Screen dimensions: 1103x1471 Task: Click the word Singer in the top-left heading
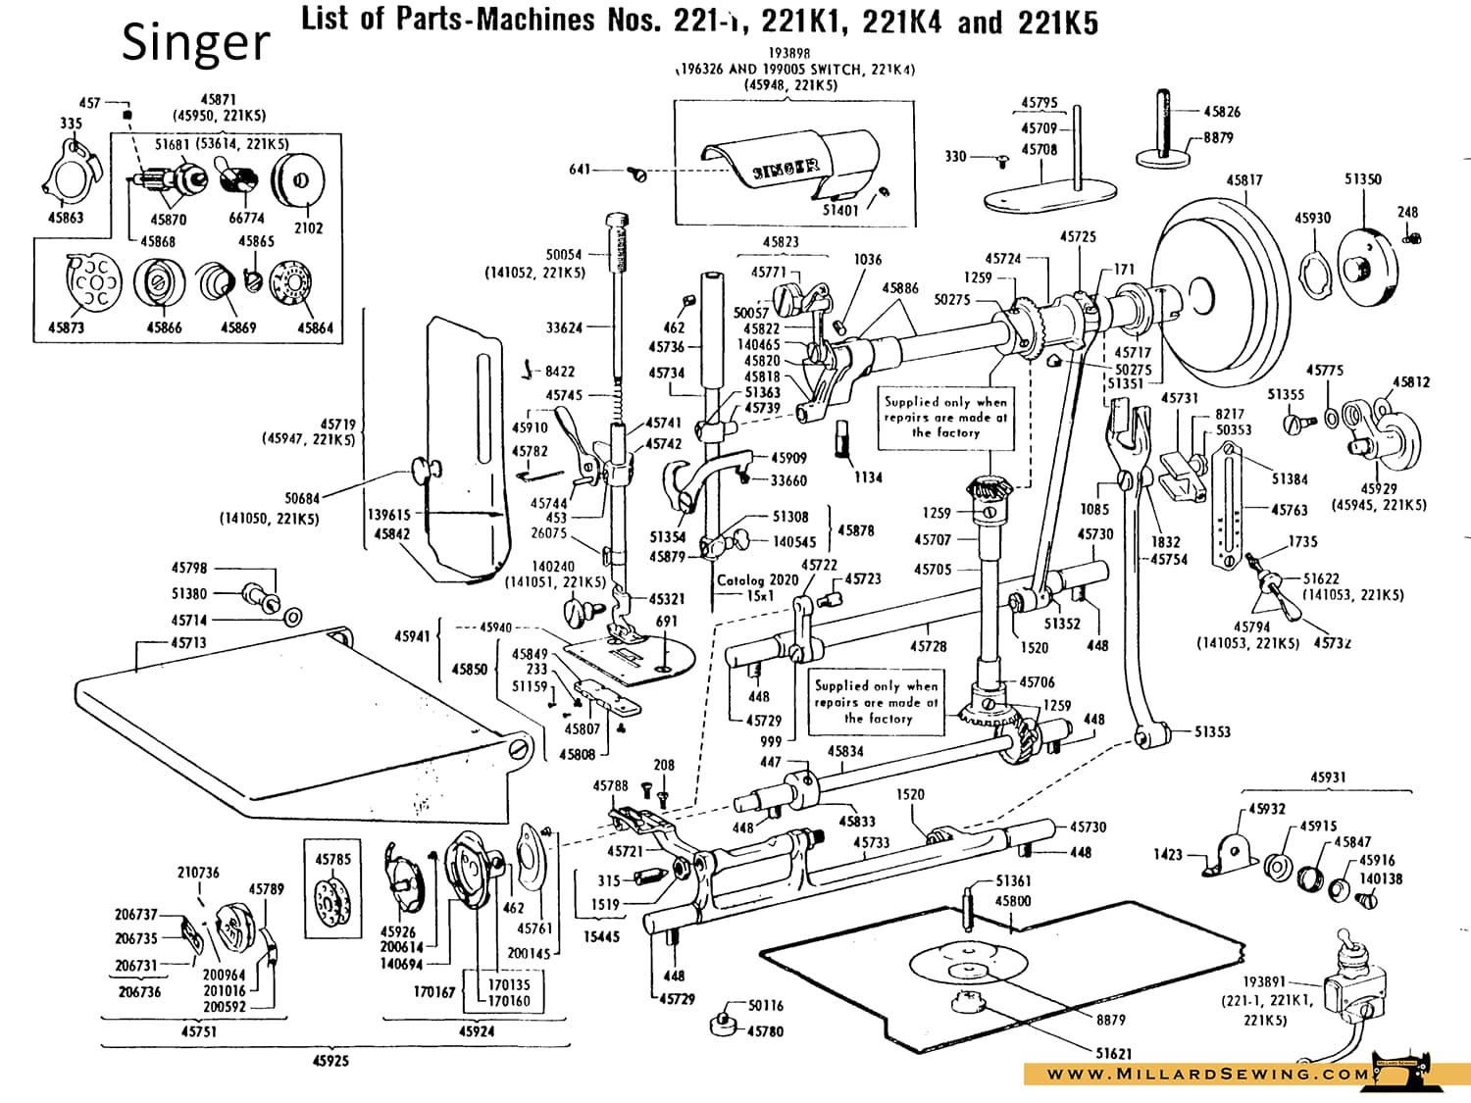pyautogui.click(x=195, y=43)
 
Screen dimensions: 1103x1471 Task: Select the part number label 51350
pyautogui.click(x=1363, y=179)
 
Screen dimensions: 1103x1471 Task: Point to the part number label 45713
pyautogui.click(x=188, y=643)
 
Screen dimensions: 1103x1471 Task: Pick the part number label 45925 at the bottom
pyautogui.click(x=330, y=1061)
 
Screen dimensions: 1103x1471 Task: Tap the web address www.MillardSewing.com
pyautogui.click(x=1207, y=1074)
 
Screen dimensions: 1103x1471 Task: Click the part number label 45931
pyautogui.click(x=1328, y=777)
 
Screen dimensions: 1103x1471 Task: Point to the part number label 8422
pyautogui.click(x=560, y=372)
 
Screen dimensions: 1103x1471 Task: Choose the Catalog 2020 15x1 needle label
pyautogui.click(x=757, y=587)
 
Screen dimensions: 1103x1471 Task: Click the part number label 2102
pyautogui.click(x=308, y=227)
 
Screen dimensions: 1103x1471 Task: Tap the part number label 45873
pyautogui.click(x=66, y=327)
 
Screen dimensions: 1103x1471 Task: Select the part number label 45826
pyautogui.click(x=1222, y=112)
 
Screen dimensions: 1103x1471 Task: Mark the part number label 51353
pyautogui.click(x=1212, y=731)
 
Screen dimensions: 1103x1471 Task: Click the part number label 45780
pyautogui.click(x=765, y=1030)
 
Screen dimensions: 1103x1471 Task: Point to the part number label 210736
pyautogui.click(x=198, y=873)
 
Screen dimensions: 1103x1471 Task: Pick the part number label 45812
pyautogui.click(x=1411, y=382)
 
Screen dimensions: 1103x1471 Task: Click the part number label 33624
pyautogui.click(x=564, y=327)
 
